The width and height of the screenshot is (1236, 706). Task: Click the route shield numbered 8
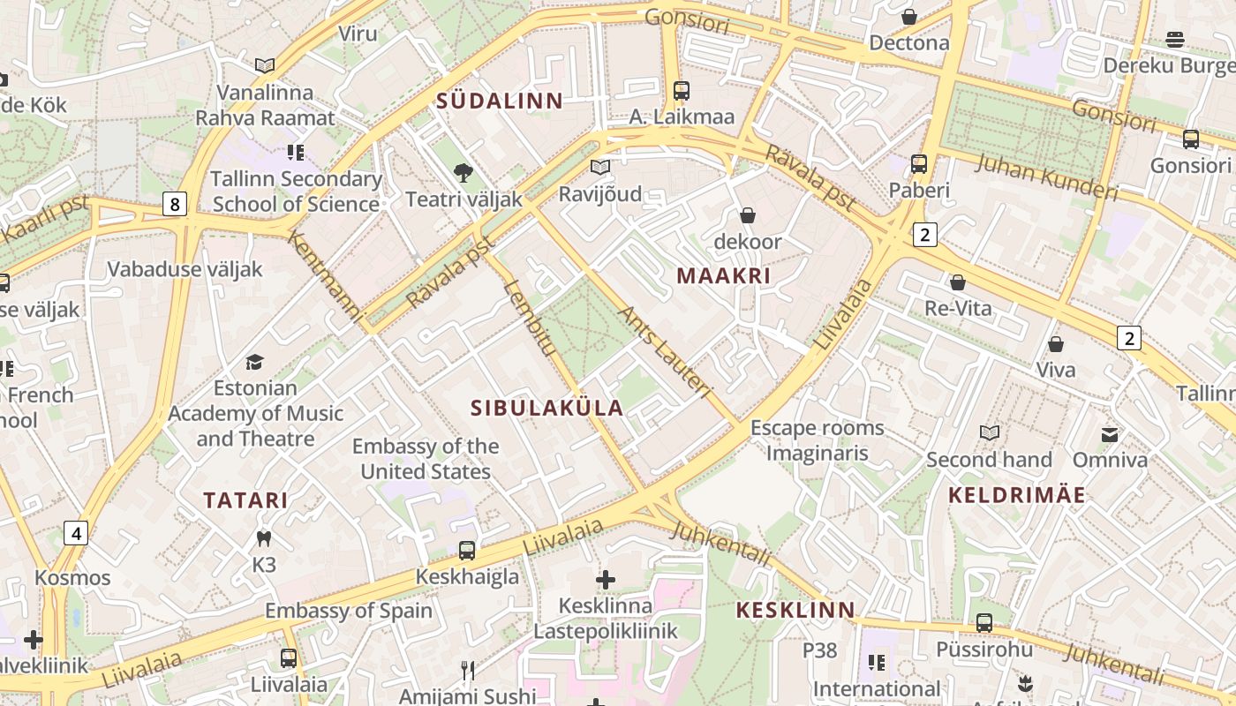point(175,205)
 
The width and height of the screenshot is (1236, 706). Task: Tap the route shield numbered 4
point(76,533)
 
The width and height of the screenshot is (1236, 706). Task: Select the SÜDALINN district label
point(500,101)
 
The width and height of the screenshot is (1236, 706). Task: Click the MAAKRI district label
point(723,275)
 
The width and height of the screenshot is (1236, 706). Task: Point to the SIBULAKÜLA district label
point(547,408)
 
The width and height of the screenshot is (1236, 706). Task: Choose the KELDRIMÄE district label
point(1016,495)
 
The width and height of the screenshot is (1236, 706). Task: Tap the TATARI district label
point(245,500)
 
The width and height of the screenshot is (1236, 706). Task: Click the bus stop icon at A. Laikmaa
point(681,91)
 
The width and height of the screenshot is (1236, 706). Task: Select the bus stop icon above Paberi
point(919,164)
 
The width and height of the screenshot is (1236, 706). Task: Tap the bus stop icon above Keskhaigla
point(467,551)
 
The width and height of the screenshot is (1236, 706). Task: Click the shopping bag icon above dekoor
point(748,215)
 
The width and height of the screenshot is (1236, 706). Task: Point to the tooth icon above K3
point(263,537)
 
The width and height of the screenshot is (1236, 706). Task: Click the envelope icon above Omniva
point(1110,434)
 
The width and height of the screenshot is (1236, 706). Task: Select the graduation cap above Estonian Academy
point(255,362)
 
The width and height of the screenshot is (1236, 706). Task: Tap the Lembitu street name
point(529,318)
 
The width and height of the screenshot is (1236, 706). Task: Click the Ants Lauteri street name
point(664,351)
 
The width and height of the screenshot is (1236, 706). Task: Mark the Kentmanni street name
point(325,276)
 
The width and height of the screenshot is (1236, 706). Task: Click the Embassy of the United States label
point(426,459)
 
